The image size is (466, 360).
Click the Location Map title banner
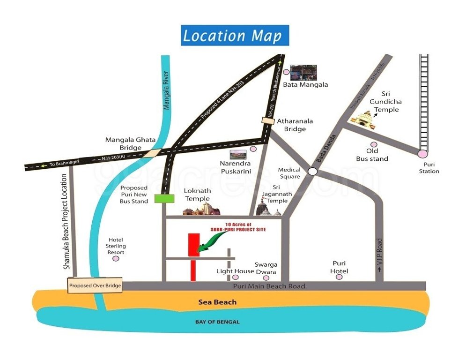point(235,36)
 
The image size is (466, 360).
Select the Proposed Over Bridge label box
point(95,285)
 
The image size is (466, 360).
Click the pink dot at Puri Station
point(423,153)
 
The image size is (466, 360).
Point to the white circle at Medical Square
point(312,172)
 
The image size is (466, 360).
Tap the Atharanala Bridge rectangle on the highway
point(268,121)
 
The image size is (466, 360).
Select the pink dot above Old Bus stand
point(373,145)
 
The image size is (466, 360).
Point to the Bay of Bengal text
point(217,322)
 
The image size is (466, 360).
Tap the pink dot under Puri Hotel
point(339,277)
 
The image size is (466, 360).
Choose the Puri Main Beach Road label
point(269,286)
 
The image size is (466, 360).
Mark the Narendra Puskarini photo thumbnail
point(238,154)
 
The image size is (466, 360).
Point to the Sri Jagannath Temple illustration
point(267,209)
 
